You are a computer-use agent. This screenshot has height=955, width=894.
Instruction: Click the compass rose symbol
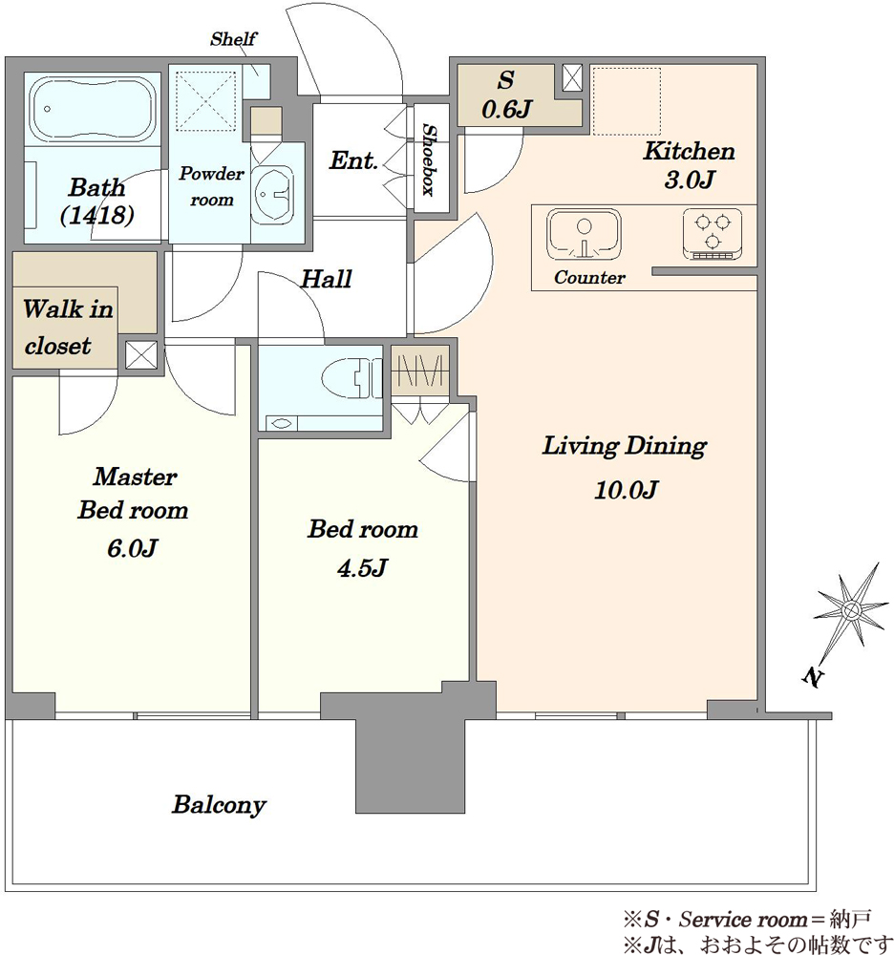[851, 610]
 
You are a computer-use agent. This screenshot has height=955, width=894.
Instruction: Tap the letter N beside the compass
[813, 676]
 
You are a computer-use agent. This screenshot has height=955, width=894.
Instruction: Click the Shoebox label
[430, 159]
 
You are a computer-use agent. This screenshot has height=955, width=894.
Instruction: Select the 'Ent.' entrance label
[353, 160]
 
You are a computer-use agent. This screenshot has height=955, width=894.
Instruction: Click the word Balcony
[219, 805]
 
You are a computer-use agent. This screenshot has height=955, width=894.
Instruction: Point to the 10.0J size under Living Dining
[626, 490]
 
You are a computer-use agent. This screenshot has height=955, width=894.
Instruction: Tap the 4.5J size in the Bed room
[362, 568]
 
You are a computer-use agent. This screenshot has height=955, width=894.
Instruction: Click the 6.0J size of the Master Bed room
[132, 548]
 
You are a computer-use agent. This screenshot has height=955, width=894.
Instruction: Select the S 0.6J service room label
[506, 95]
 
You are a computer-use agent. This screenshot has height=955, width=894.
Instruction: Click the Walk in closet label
[68, 327]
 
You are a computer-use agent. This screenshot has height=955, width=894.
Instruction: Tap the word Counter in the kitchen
[589, 278]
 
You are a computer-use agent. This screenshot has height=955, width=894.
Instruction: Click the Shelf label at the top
[233, 39]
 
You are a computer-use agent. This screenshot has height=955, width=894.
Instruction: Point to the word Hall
[327, 279]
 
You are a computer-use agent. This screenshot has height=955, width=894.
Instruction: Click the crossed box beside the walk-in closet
[140, 355]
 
